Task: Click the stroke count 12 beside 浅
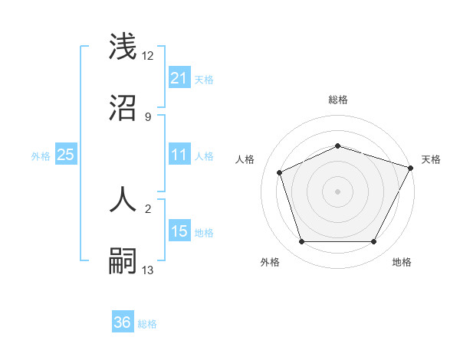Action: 148,57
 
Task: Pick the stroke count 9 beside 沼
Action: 147,116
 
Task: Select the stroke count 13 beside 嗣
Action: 148,270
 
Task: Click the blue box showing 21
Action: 179,78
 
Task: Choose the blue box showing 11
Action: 179,155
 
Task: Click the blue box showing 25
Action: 65,155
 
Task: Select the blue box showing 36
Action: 123,322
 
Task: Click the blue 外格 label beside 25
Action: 41,156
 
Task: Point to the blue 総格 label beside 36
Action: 147,324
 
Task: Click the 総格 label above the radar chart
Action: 337,100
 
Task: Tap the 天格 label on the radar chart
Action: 431,159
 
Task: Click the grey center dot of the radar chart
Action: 337,191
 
